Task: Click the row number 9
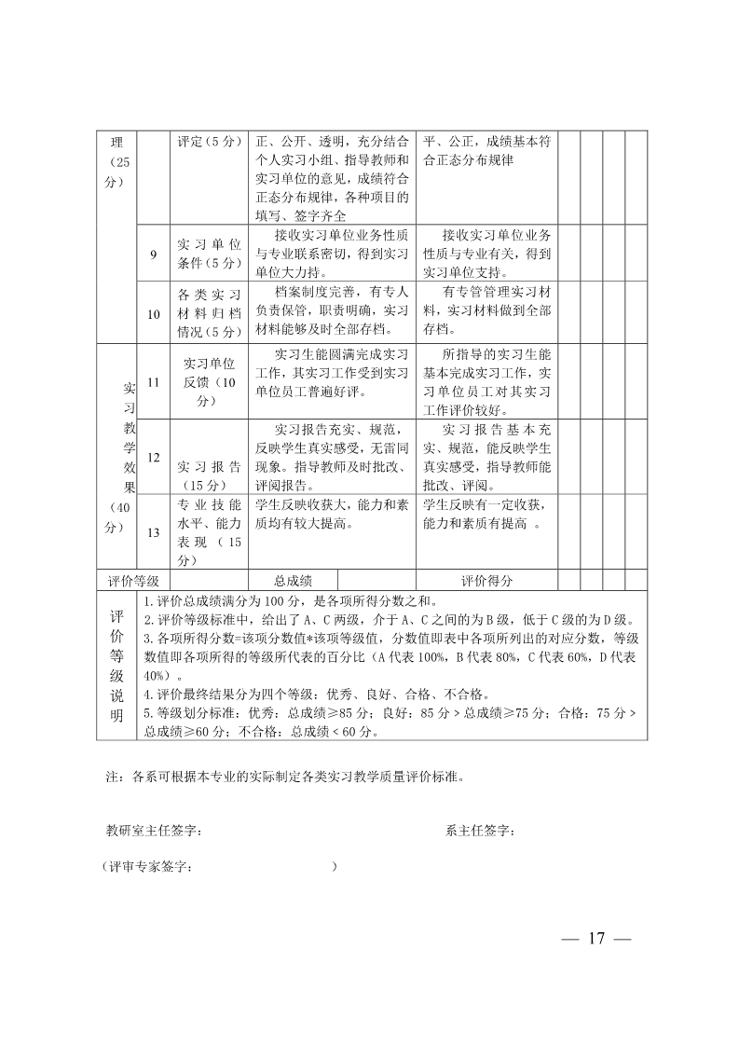click(154, 253)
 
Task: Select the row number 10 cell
click(154, 313)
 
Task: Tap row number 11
click(154, 382)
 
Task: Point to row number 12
click(154, 457)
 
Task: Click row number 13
click(154, 532)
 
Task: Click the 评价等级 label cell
click(134, 580)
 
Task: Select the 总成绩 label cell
click(292, 580)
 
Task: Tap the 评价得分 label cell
click(486, 580)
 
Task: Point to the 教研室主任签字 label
click(154, 831)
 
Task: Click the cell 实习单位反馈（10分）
click(209, 382)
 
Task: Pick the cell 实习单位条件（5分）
click(209, 253)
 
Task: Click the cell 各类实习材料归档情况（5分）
click(209, 313)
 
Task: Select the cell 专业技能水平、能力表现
click(209, 532)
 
